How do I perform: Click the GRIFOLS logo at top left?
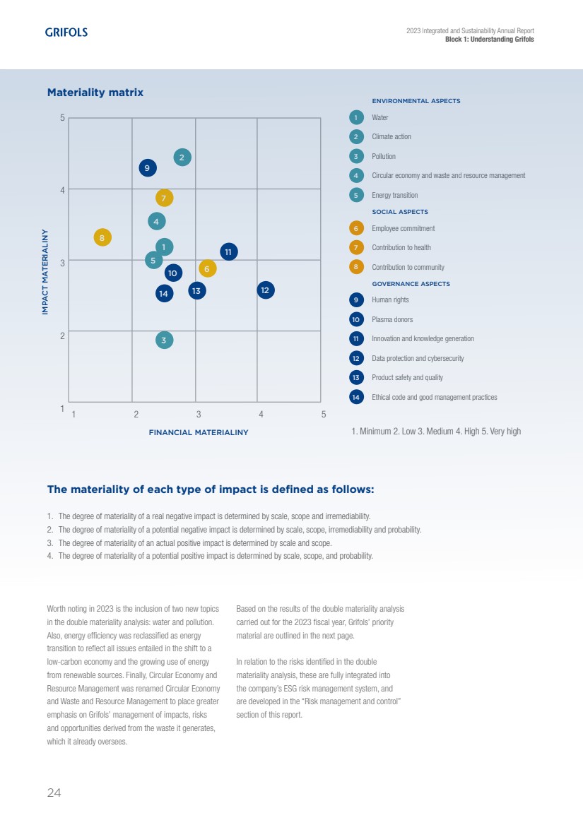[x=66, y=32]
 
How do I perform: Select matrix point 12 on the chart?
[x=265, y=290]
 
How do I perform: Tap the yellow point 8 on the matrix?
[x=102, y=238]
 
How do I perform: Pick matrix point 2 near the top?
[x=182, y=157]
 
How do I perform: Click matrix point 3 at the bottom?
[x=164, y=340]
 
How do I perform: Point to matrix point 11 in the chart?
[x=228, y=251]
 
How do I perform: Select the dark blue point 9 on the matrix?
[x=147, y=168]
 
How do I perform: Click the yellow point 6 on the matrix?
[x=207, y=268]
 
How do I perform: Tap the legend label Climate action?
[x=391, y=137]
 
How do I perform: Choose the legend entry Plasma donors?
[x=392, y=320]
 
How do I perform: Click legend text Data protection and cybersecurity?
[x=418, y=359]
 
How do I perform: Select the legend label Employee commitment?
[x=403, y=228]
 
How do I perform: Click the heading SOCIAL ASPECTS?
[x=400, y=212]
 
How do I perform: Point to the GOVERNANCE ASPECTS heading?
[x=411, y=284]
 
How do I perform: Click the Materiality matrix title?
[x=95, y=93]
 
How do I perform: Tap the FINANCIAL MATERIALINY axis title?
[x=199, y=432]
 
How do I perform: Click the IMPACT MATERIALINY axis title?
[x=45, y=271]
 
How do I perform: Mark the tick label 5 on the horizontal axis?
[x=324, y=414]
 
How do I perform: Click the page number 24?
[x=54, y=793]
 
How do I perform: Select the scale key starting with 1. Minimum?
[x=435, y=431]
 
